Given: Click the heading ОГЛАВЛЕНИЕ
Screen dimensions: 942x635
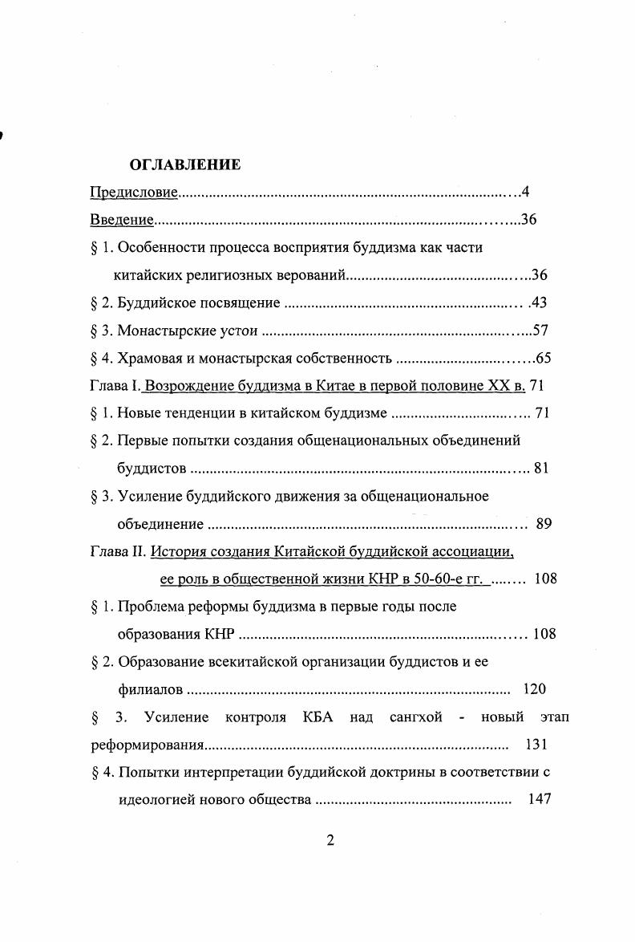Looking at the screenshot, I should pyautogui.click(x=184, y=165).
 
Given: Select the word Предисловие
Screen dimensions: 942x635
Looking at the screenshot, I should pyautogui.click(x=132, y=193).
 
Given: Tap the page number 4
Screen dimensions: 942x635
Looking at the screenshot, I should pyautogui.click(x=525, y=193).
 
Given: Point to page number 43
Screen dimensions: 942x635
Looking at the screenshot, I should pyautogui.click(x=538, y=302).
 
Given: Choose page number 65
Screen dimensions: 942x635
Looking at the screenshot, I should pyautogui.click(x=544, y=358).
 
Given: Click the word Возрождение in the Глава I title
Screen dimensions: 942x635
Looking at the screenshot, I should pyautogui.click(x=186, y=386).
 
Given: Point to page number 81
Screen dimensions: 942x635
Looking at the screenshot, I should pyautogui.click(x=541, y=469).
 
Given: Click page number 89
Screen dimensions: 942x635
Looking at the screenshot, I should pyautogui.click(x=544, y=524).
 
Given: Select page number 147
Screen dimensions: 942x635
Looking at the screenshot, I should pyautogui.click(x=540, y=799).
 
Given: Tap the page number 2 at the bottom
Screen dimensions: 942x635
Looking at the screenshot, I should pyautogui.click(x=330, y=841).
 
